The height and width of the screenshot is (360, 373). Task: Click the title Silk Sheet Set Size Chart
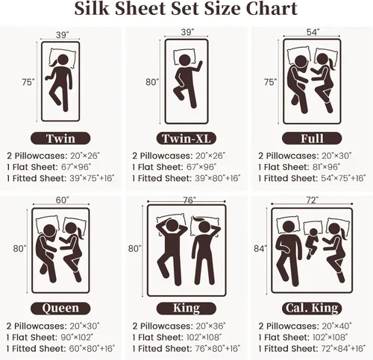(186, 10)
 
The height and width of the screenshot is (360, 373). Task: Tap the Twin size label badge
(60, 139)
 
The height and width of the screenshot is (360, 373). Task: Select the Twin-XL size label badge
(186, 139)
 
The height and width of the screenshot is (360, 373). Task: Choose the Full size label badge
(312, 139)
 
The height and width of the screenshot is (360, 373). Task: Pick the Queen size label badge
(60, 308)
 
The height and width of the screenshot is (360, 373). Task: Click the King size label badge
(186, 308)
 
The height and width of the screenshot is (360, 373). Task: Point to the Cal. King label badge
(312, 308)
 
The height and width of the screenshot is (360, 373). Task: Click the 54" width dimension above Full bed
(312, 32)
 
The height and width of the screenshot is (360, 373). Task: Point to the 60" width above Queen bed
(61, 200)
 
